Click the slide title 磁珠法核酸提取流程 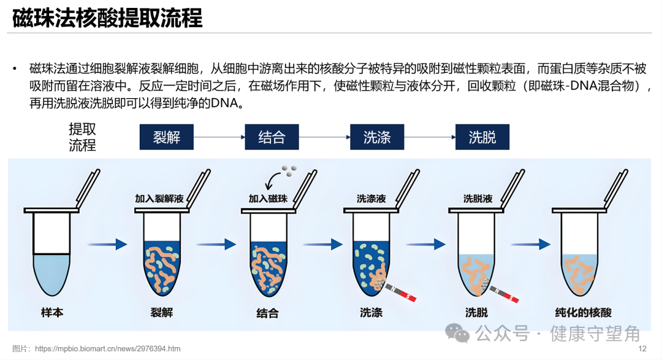coord(108,18)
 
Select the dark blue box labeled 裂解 coord(166,137)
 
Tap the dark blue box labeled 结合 coord(272,137)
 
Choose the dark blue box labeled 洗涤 coord(377,137)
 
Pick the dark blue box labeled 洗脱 coord(482,137)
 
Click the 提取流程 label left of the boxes coord(82,137)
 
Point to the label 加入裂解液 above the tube coord(159,199)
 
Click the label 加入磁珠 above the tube coord(268,199)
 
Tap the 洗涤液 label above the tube coord(371,199)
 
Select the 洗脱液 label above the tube coord(478,199)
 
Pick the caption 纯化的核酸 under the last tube coord(583,312)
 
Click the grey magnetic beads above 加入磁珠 coord(289,170)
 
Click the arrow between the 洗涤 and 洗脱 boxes coord(429,137)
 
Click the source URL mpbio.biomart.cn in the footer coord(108,348)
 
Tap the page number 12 coord(642,348)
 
